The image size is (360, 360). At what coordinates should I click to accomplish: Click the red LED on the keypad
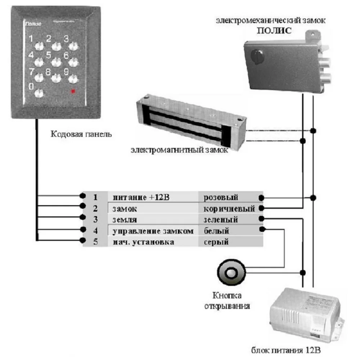74,91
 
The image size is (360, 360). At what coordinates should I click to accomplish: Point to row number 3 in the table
95,220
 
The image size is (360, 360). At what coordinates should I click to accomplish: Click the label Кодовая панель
81,135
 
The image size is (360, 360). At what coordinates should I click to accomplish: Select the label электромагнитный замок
179,150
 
